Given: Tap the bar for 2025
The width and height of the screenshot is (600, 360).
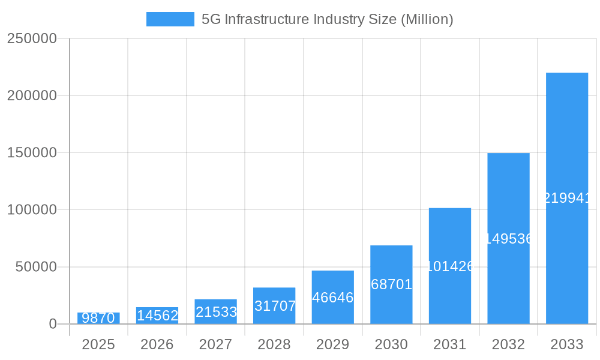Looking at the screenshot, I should (x=98, y=315).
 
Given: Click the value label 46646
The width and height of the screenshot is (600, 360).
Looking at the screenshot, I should (x=333, y=298).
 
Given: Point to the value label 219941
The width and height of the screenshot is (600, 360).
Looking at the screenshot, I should (x=567, y=198).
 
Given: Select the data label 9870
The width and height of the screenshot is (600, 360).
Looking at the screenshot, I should (x=98, y=318).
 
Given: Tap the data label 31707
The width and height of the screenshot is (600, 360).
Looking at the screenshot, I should (x=275, y=306).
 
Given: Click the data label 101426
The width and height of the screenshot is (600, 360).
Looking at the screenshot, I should (x=450, y=266).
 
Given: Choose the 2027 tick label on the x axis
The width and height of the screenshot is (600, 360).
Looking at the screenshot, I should (x=215, y=344).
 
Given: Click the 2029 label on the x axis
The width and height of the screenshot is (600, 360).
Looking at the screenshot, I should (x=332, y=344).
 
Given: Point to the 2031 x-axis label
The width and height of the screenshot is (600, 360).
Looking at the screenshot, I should (x=449, y=344).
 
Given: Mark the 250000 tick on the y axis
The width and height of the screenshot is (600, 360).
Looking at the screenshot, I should (x=31, y=38).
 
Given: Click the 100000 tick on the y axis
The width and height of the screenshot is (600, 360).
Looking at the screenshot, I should (x=31, y=210).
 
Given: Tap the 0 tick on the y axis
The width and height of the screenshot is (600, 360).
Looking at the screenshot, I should (x=52, y=324).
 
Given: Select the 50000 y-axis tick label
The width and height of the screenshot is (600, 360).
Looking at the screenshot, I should (x=35, y=267).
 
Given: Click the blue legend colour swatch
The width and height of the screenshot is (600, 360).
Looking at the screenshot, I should (x=170, y=19).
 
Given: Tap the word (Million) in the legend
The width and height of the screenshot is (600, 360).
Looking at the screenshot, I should (x=427, y=19).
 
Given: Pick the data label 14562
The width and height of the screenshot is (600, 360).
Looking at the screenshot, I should (x=157, y=316).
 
